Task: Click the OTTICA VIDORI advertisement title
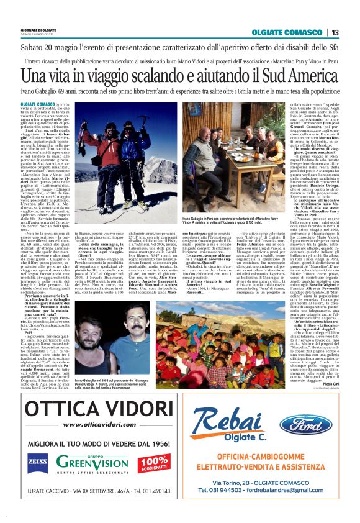[91, 410]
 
